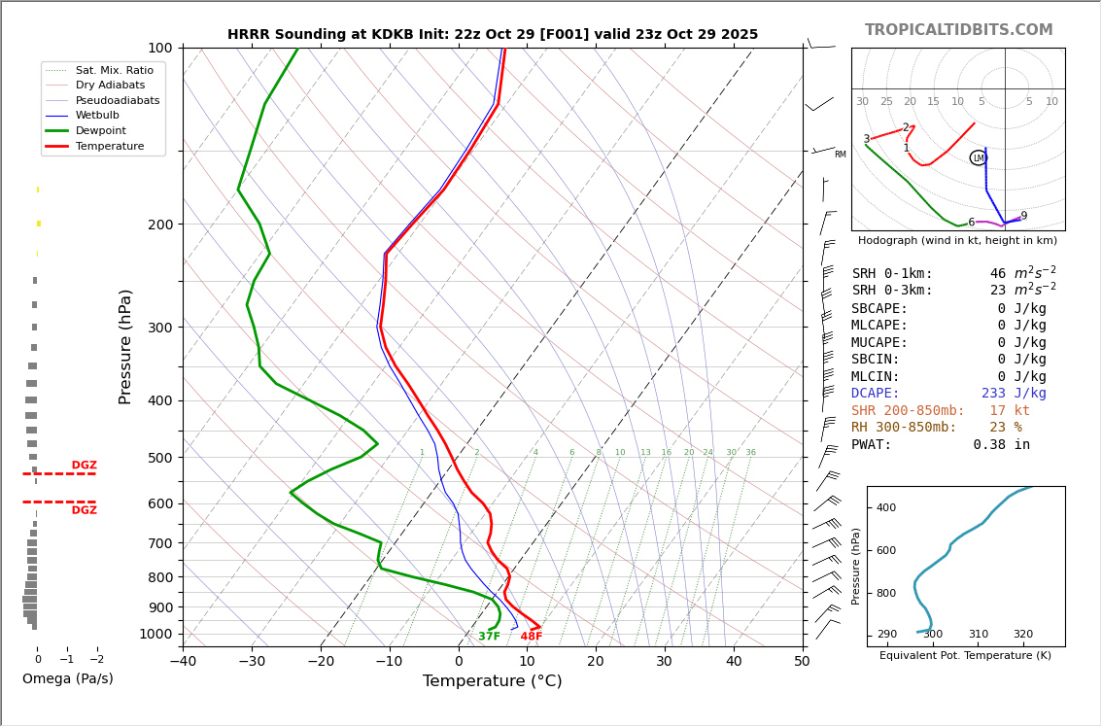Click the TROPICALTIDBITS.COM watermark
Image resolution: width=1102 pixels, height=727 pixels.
click(x=958, y=30)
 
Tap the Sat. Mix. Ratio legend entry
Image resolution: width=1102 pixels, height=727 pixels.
click(x=114, y=70)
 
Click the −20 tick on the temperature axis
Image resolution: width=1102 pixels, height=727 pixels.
click(x=321, y=662)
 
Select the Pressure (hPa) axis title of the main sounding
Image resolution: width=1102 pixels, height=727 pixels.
click(x=125, y=346)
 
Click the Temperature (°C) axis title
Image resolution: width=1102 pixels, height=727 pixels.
click(x=492, y=681)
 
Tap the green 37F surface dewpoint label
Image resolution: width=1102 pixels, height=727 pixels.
click(x=489, y=637)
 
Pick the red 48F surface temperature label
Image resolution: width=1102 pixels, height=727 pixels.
click(x=532, y=637)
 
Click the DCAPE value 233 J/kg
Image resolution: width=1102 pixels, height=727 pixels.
click(x=1014, y=394)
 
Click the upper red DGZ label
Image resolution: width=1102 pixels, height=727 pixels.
click(x=85, y=466)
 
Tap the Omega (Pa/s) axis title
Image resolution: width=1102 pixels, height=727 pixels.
click(x=67, y=678)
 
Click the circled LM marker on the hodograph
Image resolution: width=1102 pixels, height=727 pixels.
click(x=978, y=157)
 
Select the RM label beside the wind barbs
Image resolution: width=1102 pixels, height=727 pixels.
click(x=840, y=155)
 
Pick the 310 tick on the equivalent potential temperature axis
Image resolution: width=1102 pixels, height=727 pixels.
click(x=978, y=635)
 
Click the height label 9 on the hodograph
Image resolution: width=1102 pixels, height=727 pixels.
click(x=1023, y=216)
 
